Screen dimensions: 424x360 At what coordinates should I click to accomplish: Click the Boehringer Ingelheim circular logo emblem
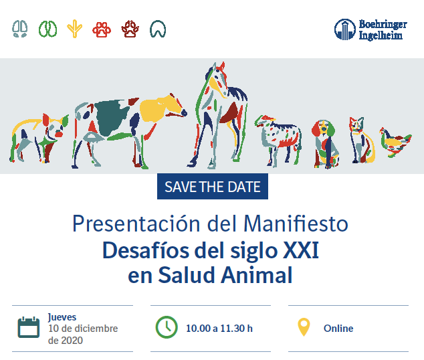pyautogui.click(x=345, y=29)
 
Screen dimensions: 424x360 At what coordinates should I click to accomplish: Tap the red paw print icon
pyautogui.click(x=102, y=29)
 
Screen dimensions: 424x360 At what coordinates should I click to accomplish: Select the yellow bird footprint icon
pyautogui.click(x=74, y=29)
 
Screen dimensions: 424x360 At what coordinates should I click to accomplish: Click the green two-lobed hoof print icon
pyautogui.click(x=48, y=29)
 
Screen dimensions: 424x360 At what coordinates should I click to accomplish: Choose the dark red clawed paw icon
pyautogui.click(x=130, y=29)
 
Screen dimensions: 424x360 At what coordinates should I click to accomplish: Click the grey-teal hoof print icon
pyautogui.click(x=20, y=29)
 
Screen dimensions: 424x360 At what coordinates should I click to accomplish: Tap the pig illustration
pyautogui.click(x=39, y=139)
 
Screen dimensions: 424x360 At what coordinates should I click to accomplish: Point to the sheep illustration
pyautogui.click(x=278, y=140)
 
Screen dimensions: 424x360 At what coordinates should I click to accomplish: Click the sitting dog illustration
pyautogui.click(x=326, y=144)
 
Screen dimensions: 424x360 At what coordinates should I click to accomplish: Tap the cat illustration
pyautogui.click(x=362, y=140)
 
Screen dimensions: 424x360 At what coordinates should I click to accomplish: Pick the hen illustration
pyautogui.click(x=395, y=142)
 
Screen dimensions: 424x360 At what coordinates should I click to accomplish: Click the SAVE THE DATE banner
pyautogui.click(x=213, y=187)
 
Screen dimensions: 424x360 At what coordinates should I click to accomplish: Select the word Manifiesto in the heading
pyautogui.click(x=296, y=224)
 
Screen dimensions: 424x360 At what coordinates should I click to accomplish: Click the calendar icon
pyautogui.click(x=29, y=327)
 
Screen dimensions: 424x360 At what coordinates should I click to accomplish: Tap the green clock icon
pyautogui.click(x=167, y=327)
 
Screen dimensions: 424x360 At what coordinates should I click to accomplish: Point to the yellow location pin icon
pyautogui.click(x=304, y=327)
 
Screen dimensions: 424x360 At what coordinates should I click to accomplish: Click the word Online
pyautogui.click(x=338, y=329)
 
